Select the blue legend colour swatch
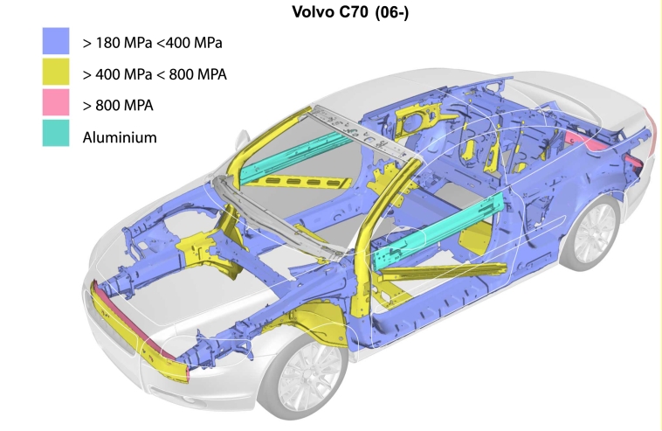pos(56,41)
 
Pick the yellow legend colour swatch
pos(56,72)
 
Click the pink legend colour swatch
pos(56,102)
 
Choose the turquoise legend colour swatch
pos(56,133)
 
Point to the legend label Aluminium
pos(120,137)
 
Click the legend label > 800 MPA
pos(118,105)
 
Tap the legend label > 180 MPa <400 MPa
pos(153,43)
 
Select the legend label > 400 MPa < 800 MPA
pos(155,74)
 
